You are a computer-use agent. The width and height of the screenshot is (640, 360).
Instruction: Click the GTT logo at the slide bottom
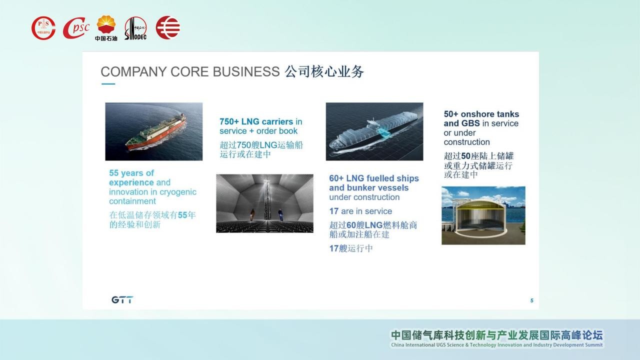122,299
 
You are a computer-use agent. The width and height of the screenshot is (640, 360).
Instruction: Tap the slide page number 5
531,300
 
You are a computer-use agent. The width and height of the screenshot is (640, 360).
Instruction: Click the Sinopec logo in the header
135,28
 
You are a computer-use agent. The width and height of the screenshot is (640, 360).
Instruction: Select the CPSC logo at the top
76,28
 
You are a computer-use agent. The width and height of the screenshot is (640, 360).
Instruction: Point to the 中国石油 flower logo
106,28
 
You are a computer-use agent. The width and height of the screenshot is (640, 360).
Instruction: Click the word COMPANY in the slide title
133,71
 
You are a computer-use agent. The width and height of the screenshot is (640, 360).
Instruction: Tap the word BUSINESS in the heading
246,71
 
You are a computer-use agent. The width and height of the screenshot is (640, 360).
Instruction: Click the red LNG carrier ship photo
153,131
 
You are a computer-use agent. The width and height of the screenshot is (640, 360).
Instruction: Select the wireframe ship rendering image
374,131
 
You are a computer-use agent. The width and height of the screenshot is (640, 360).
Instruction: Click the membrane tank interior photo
264,203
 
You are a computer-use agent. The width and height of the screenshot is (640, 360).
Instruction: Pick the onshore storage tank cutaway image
483,215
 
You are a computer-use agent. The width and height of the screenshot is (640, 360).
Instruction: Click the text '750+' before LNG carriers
229,121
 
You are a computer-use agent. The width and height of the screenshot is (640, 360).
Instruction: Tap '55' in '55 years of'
113,173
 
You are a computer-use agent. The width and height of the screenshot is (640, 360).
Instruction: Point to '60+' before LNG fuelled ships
336,178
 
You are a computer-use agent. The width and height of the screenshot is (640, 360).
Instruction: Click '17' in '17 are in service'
333,211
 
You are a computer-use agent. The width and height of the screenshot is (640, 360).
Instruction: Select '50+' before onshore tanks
451,114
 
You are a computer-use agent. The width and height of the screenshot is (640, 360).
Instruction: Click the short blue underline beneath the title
108,84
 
